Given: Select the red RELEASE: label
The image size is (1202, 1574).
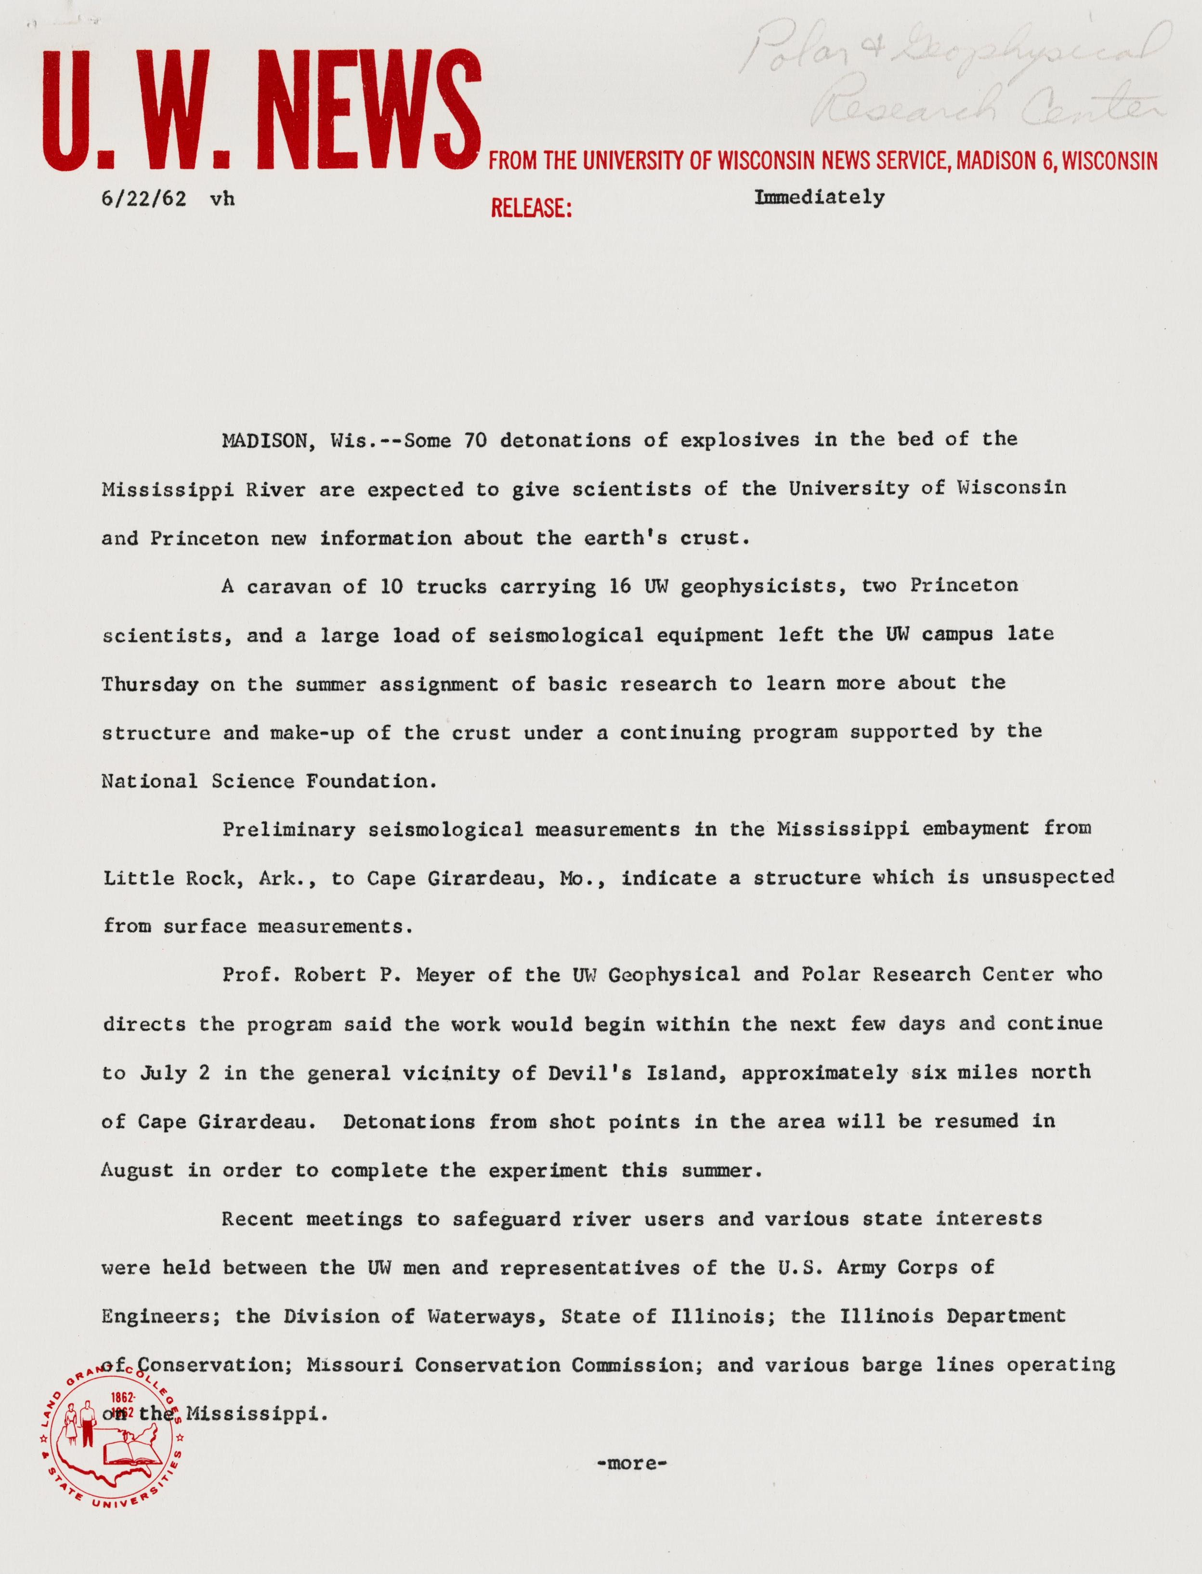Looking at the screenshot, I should click(531, 208).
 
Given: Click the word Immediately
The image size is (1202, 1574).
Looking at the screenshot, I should click(819, 197).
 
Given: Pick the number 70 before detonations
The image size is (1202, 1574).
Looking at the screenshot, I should click(476, 440).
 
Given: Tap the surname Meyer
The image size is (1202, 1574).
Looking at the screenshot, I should click(445, 974).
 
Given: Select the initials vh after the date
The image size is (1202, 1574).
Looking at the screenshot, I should click(222, 198).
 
